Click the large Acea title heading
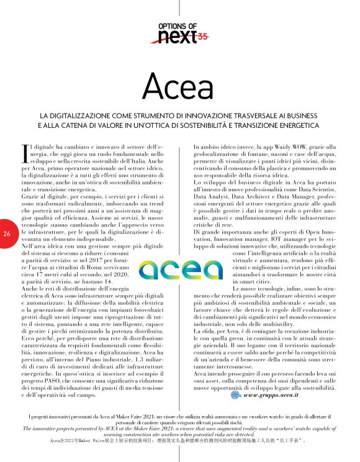(180, 85)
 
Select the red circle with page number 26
(6, 233)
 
